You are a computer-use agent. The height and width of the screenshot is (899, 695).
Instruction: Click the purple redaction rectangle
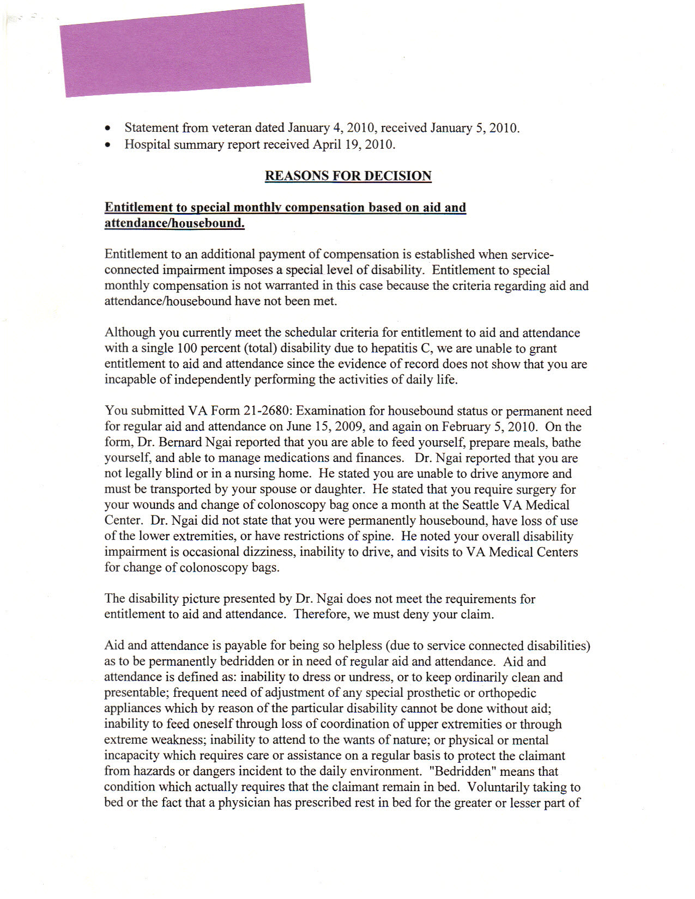[185, 50]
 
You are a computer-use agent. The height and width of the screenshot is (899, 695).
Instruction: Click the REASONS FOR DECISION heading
[348, 176]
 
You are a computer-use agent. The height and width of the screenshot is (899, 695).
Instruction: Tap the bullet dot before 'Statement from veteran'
[109, 129]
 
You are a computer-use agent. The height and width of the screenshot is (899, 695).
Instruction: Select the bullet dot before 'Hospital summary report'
[109, 145]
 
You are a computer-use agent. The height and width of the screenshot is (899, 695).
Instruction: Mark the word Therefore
[322, 615]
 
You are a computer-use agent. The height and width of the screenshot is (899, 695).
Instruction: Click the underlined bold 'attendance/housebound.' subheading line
[174, 223]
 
